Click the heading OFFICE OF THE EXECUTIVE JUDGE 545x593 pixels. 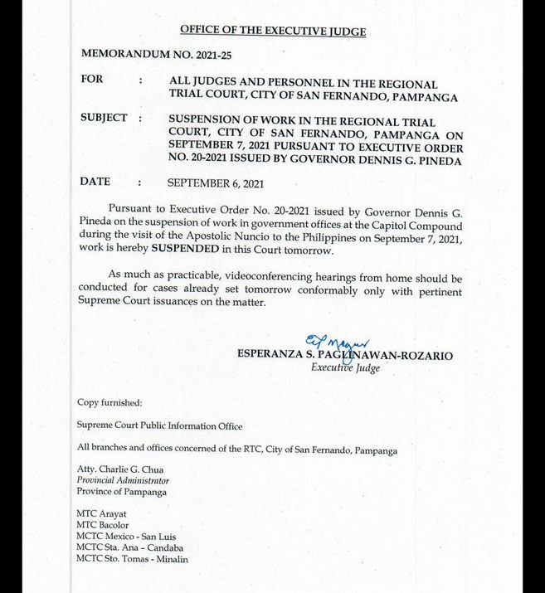point(273,32)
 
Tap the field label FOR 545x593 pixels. point(92,80)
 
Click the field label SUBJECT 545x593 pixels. point(104,118)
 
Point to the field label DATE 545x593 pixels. point(95,182)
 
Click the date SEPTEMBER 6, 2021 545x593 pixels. point(216,182)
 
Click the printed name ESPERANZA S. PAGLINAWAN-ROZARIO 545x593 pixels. point(345,355)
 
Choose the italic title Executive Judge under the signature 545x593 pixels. point(345,367)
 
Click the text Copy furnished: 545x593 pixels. point(109,402)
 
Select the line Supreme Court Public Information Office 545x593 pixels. point(160,425)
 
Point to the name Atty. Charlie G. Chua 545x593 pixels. point(120,469)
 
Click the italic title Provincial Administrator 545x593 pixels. point(123,480)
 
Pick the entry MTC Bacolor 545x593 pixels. point(103,525)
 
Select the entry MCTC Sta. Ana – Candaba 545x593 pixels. point(130,547)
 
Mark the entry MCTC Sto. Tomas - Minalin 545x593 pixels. point(133,559)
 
